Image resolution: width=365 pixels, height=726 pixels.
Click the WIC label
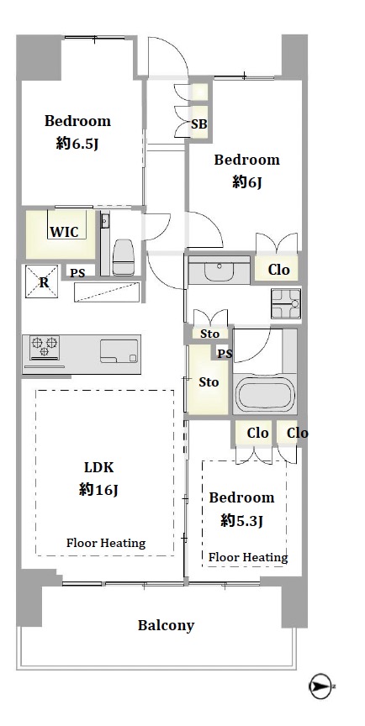tap(64, 232)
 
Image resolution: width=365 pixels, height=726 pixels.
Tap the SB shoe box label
tap(199, 124)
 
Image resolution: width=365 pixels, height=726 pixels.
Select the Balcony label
tap(166, 625)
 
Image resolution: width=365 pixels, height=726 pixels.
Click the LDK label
tap(98, 466)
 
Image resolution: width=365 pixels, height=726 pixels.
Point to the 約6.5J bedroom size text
tap(77, 144)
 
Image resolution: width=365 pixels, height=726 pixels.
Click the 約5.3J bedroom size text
tap(241, 521)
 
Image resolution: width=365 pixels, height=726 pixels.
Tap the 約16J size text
tap(98, 489)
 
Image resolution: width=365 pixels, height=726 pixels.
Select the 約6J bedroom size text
tap(247, 182)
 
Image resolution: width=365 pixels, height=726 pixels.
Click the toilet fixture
tap(124, 256)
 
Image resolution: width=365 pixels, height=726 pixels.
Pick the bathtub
tap(266, 393)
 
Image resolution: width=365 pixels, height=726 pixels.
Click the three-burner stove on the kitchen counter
tap(45, 346)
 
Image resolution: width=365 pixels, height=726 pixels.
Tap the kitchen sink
tap(119, 351)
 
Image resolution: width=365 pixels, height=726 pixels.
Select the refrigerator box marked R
tap(41, 281)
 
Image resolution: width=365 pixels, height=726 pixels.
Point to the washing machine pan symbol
tap(286, 303)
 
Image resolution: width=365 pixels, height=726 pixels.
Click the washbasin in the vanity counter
tap(220, 271)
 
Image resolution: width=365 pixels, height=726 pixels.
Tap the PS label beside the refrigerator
tap(77, 273)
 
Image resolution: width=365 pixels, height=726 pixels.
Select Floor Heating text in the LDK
tap(106, 543)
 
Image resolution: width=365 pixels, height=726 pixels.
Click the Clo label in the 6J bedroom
tap(278, 270)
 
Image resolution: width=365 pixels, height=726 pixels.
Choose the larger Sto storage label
tap(209, 382)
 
